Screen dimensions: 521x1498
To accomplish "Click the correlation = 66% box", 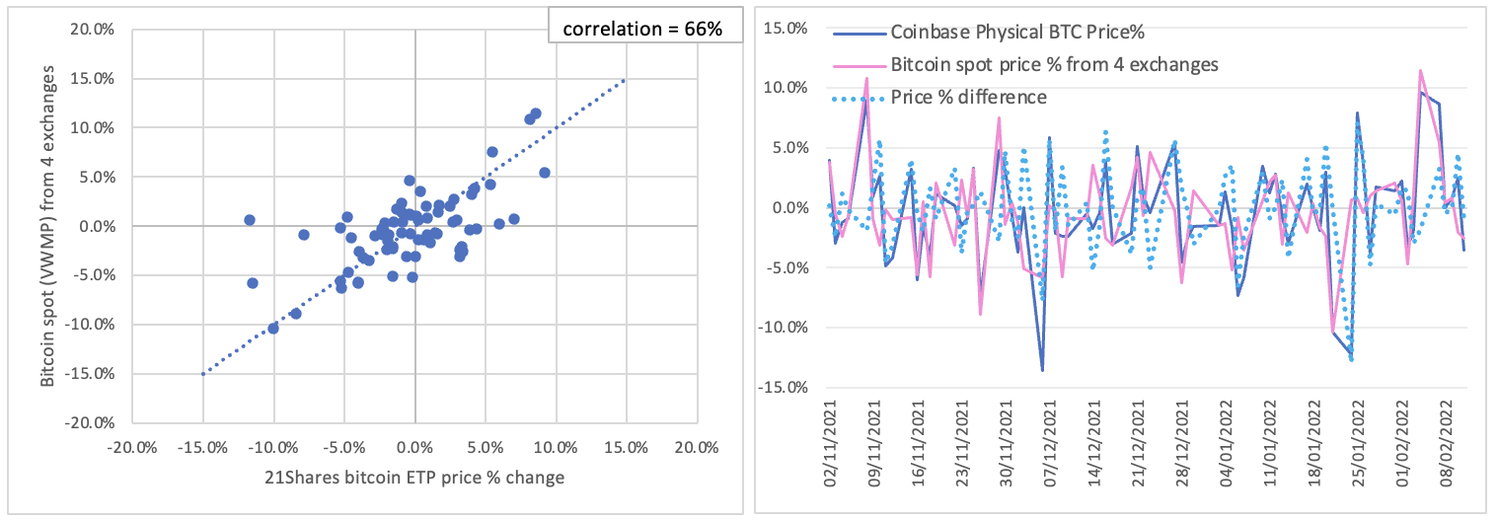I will [642, 29].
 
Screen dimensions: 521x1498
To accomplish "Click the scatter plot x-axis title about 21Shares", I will [414, 479].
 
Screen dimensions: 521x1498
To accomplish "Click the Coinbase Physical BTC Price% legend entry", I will [1016, 34].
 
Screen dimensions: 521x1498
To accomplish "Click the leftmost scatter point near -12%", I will [249, 219].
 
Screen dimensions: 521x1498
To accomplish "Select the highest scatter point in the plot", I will [536, 113].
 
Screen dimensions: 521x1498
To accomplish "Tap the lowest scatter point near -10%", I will [273, 328].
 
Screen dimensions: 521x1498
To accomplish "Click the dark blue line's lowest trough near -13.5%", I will [1042, 370].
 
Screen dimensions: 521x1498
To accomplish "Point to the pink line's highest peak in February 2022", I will [1420, 70].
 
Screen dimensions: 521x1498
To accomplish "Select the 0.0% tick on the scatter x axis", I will [414, 446].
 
